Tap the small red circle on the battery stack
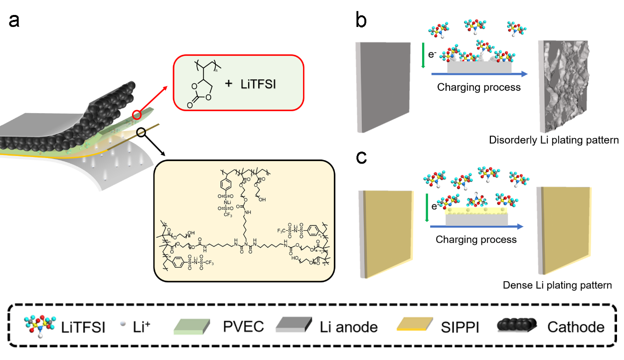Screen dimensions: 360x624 [138, 115]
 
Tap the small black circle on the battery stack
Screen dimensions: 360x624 [142, 133]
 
